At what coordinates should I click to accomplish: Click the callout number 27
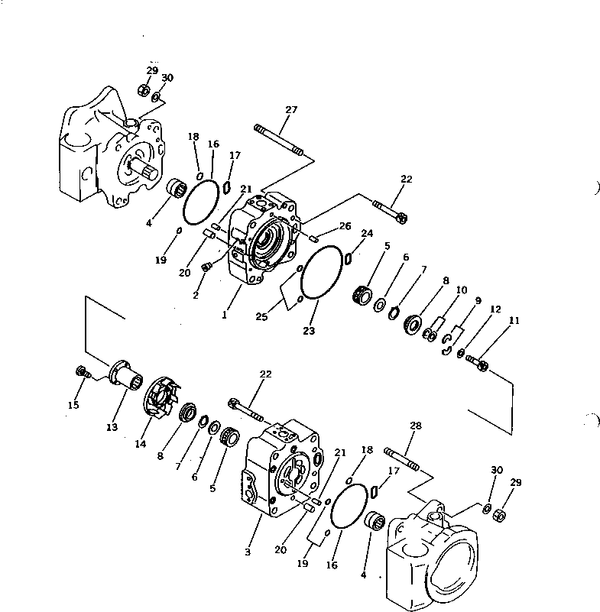[x=290, y=110]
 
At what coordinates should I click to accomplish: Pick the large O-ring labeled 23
[x=322, y=273]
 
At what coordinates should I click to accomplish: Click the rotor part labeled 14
[x=161, y=397]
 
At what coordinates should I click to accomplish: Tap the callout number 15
[x=73, y=405]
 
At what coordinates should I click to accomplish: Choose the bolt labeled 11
[x=477, y=364]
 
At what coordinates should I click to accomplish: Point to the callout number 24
[x=368, y=234]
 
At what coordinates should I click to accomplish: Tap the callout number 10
[x=461, y=290]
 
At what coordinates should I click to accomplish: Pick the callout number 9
[x=478, y=301]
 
